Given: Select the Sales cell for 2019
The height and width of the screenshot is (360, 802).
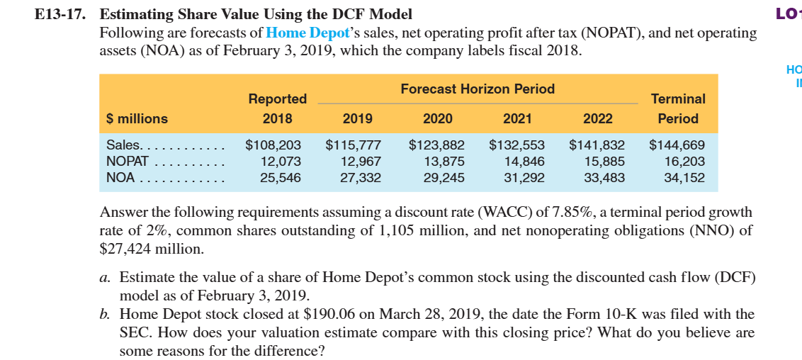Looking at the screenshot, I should (x=353, y=145).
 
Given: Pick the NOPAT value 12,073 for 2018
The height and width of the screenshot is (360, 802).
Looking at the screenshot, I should (x=281, y=162).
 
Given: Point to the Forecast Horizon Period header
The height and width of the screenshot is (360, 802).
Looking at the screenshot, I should (x=477, y=89).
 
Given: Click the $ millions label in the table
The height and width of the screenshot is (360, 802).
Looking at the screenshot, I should (x=137, y=119).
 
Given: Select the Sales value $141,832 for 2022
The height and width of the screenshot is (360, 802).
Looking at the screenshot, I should (x=597, y=145).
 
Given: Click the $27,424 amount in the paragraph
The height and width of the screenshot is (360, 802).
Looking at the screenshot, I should (x=125, y=249).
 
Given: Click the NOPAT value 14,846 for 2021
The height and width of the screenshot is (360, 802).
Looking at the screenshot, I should (x=524, y=162).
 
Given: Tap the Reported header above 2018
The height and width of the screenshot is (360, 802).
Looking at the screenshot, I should (x=277, y=99).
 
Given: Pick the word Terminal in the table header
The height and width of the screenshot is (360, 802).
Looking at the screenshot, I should (x=678, y=99).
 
